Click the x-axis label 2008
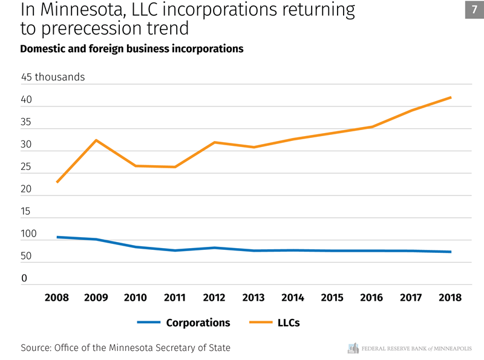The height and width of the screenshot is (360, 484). coord(57,298)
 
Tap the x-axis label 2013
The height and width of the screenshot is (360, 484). coord(253,298)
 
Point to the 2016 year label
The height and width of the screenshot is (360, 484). coord(371,298)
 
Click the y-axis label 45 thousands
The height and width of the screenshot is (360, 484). coord(53,77)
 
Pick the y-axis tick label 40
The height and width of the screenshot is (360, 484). coord(26,100)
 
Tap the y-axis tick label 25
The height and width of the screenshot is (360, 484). coord(26,167)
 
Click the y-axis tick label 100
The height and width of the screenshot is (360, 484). coord(28,234)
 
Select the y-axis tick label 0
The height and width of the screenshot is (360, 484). coord(24,279)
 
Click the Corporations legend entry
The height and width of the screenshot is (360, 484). coord(198,322)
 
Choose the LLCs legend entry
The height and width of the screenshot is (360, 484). coord(288,322)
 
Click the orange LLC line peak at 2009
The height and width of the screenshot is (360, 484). coord(96,140)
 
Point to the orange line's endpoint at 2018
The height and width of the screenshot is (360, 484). coord(450,97)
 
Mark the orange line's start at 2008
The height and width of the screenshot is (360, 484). coord(57,182)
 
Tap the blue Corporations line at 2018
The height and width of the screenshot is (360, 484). coord(450,252)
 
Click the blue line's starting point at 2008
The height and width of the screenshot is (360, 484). coord(57,237)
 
